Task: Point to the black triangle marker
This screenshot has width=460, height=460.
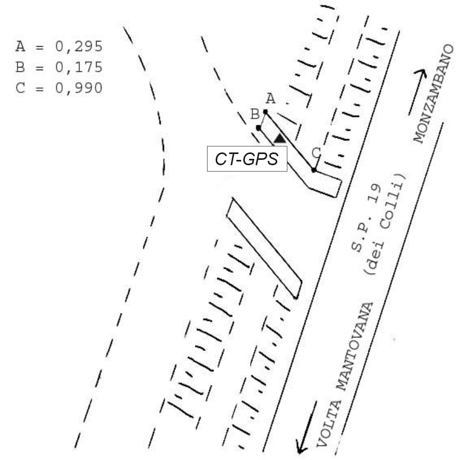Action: tap(279, 139)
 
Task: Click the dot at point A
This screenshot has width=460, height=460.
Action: tap(265, 112)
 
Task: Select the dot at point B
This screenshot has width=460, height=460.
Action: tap(258, 127)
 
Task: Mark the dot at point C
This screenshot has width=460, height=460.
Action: tap(314, 170)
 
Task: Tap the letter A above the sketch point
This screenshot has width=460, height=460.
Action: tap(270, 98)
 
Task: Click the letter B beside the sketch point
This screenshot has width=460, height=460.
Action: tap(254, 114)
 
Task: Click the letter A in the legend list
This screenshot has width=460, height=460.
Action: tap(20, 47)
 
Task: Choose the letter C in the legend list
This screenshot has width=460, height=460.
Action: tap(20, 87)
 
